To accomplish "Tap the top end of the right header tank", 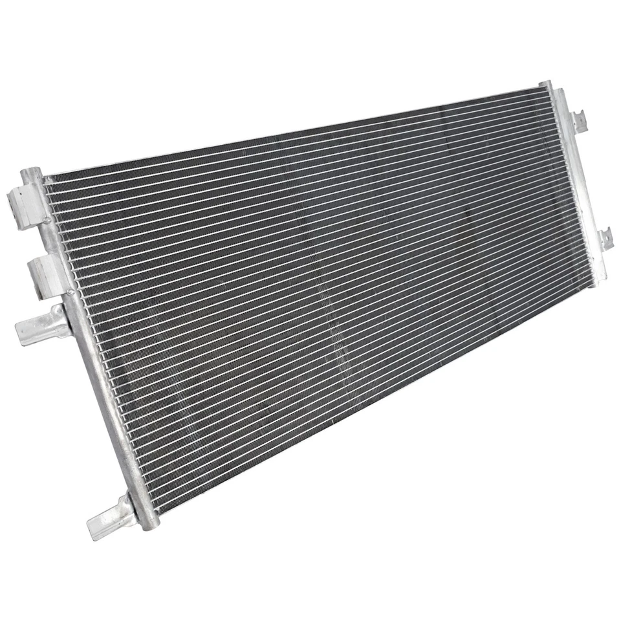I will pyautogui.click(x=545, y=85).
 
